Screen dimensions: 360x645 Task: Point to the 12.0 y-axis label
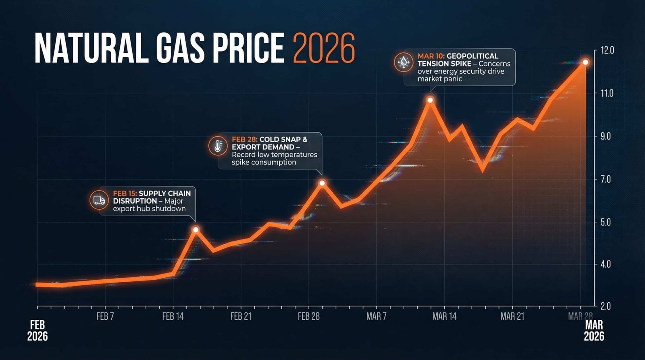[x=607, y=50]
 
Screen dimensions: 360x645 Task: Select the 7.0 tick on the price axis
[x=605, y=179]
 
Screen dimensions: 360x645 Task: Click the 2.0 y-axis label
[x=605, y=306]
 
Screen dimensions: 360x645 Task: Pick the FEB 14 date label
[x=173, y=316]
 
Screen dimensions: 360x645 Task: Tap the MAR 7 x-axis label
[x=376, y=316]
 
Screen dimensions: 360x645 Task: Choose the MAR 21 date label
[x=512, y=316]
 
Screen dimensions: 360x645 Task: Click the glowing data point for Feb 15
[x=196, y=230]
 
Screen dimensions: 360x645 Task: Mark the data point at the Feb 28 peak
[x=322, y=183]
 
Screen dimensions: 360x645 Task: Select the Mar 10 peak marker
[x=430, y=100]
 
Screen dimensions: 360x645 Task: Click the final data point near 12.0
[x=585, y=62]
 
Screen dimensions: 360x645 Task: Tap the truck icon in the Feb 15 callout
[x=99, y=200]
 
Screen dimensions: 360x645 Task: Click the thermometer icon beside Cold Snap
[x=218, y=146]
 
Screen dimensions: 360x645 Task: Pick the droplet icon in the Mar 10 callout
[x=404, y=62]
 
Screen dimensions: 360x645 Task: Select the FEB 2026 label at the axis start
[x=37, y=331]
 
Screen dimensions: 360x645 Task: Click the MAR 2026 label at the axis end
[x=594, y=331]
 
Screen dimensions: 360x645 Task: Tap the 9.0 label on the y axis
[x=605, y=136]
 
